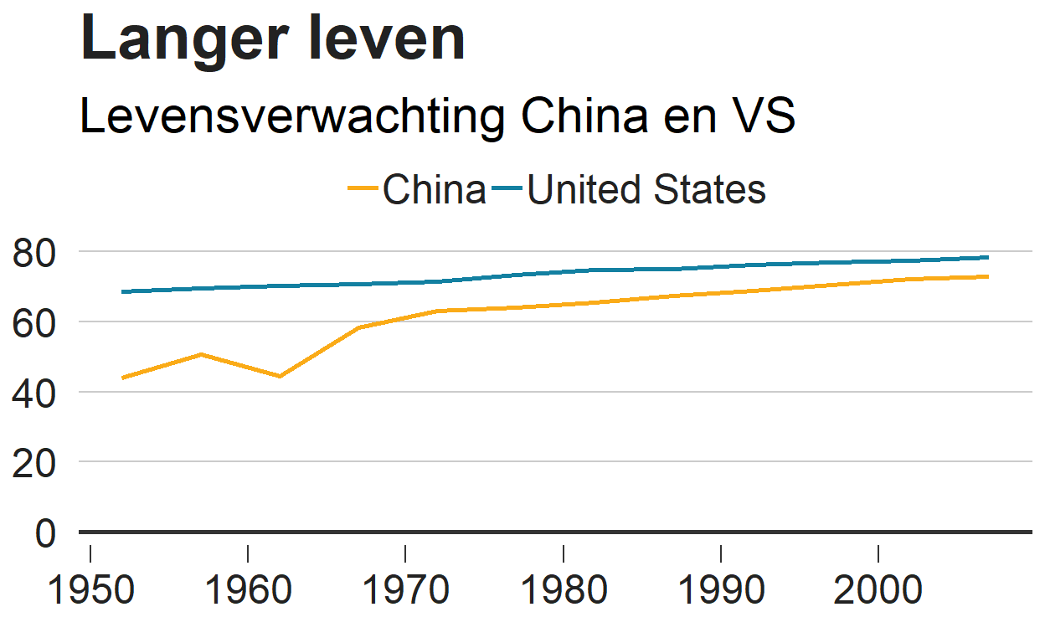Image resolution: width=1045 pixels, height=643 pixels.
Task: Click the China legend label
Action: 434,190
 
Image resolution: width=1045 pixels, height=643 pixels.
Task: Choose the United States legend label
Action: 646,190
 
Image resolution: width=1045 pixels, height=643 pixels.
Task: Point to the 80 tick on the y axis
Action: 35,253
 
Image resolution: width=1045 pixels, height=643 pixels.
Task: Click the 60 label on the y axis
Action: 35,322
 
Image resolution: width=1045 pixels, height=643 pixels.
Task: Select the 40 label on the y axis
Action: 35,393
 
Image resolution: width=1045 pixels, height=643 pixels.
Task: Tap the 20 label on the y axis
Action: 35,462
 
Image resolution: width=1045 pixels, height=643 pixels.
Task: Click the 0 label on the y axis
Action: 46,532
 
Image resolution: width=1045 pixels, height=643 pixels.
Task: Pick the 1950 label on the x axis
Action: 90,589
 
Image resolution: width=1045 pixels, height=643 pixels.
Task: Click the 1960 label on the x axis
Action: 248,589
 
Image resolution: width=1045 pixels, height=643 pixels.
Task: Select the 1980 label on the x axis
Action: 564,589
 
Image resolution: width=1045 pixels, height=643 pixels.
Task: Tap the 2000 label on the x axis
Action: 878,589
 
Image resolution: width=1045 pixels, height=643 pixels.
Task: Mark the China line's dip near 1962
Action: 280,376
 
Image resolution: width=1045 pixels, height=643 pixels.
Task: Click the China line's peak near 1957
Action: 201,354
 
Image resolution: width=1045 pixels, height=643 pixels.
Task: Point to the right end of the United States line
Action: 988,257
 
